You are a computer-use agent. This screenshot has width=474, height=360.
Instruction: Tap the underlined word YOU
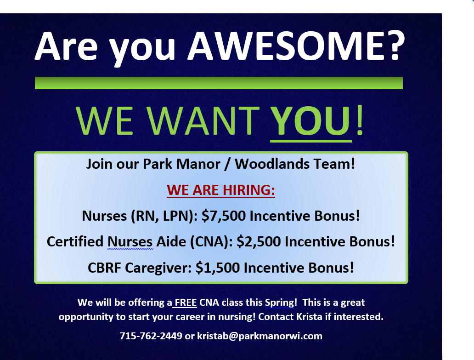pyautogui.click(x=311, y=121)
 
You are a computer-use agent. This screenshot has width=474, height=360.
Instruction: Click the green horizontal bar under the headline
pyautogui.click(x=219, y=83)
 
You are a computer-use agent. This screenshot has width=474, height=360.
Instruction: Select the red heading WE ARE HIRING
pyautogui.click(x=220, y=190)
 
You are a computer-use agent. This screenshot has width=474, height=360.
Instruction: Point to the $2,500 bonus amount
pyautogui.click(x=259, y=242)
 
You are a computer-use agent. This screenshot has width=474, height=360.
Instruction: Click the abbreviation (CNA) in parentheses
pyautogui.click(x=211, y=242)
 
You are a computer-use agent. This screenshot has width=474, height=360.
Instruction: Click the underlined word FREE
pyautogui.click(x=186, y=303)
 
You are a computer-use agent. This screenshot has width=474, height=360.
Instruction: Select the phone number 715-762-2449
pyautogui.click(x=151, y=336)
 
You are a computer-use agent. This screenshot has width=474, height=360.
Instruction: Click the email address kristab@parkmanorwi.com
pyautogui.click(x=260, y=336)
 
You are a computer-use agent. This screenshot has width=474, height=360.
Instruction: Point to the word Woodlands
pyautogui.click(x=272, y=164)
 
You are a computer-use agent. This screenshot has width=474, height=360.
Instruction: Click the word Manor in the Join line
pyautogui.click(x=198, y=164)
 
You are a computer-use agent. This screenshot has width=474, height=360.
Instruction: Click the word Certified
pyautogui.click(x=75, y=242)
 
